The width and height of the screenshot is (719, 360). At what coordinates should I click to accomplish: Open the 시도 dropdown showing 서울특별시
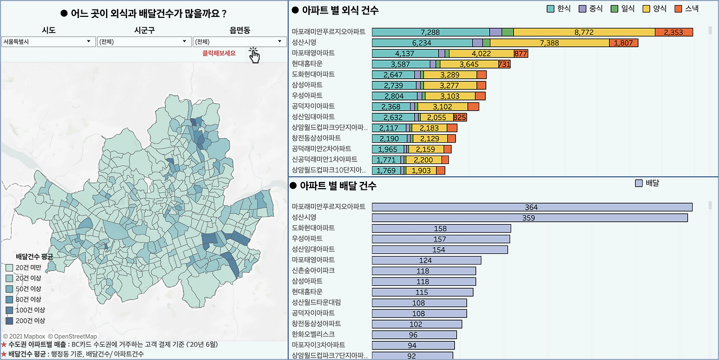tap(48, 42)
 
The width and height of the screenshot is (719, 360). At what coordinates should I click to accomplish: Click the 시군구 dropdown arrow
tap(184, 42)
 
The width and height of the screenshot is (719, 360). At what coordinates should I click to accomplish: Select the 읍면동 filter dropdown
tap(239, 42)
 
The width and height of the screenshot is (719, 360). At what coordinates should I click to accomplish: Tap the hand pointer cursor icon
tap(254, 56)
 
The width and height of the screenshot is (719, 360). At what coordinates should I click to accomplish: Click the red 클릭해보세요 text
tap(219, 53)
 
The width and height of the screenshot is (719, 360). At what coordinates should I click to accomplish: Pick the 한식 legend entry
tap(558, 8)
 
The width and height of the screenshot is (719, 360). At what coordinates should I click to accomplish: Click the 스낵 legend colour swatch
tap(678, 9)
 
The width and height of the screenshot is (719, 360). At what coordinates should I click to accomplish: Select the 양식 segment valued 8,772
tap(584, 32)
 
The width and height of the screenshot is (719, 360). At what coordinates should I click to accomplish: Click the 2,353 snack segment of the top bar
tap(674, 32)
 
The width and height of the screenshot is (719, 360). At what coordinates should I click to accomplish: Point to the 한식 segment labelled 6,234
tap(422, 43)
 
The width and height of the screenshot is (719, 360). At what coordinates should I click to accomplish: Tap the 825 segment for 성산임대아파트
tap(459, 117)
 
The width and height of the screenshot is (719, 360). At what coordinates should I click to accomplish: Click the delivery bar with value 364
tap(532, 207)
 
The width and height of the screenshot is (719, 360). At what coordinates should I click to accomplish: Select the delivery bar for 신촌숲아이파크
tap(424, 271)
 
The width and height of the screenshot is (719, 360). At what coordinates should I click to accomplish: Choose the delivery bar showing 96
tap(414, 335)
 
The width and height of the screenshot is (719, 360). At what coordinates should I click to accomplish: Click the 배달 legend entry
tap(647, 183)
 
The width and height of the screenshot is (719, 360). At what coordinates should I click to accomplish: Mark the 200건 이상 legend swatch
tap(10, 321)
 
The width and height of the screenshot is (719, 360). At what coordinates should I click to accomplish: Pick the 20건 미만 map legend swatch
tap(10, 267)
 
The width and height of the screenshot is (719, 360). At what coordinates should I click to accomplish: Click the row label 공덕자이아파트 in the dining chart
tap(313, 106)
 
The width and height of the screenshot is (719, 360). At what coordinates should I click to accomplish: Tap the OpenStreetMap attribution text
tap(72, 336)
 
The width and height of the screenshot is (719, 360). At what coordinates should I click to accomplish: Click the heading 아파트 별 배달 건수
tap(338, 185)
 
